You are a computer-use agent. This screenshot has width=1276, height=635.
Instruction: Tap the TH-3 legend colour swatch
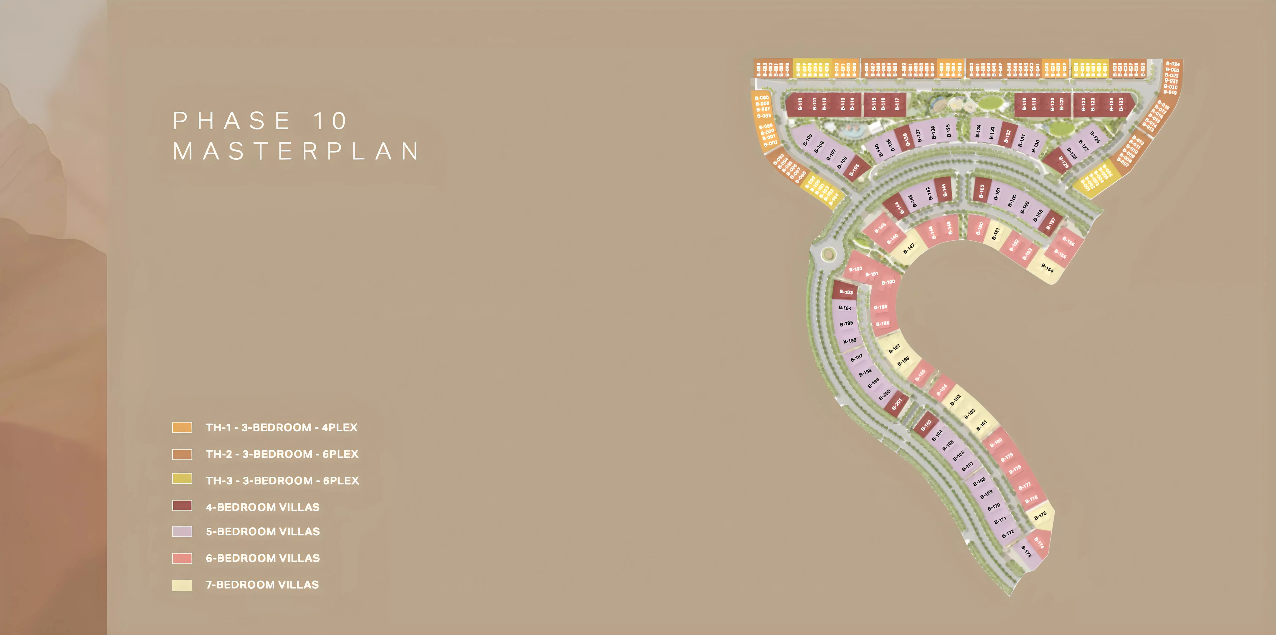[x=182, y=479]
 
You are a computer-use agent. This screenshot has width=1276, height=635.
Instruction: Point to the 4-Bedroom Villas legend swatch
[x=182, y=505]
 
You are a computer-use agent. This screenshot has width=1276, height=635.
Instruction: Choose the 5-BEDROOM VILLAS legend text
[x=263, y=532]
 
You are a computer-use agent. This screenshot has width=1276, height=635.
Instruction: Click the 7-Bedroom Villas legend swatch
[x=182, y=585]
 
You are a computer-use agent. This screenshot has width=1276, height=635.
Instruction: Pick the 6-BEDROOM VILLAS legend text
[x=263, y=558]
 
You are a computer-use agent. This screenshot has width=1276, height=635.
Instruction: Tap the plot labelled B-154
[x=1047, y=268]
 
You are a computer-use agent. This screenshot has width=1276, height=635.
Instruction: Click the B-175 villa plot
[x=1040, y=515]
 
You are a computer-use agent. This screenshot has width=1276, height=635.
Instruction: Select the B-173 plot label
[x=1026, y=551]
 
